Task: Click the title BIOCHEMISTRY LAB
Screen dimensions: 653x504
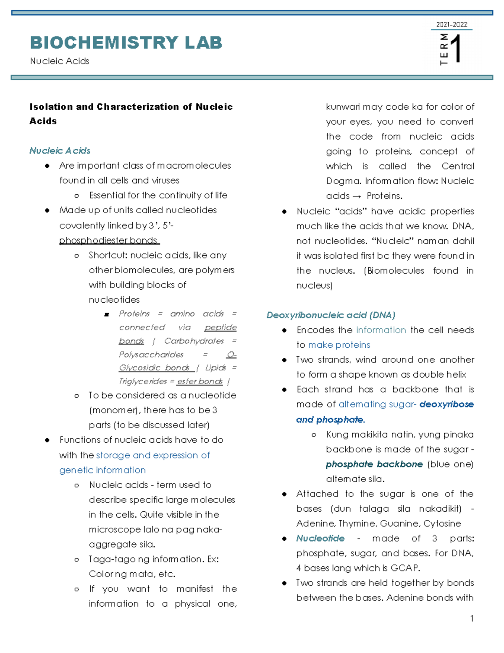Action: [x=126, y=43]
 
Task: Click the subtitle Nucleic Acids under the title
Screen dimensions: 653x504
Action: [x=60, y=61]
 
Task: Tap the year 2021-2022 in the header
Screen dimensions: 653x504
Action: [x=451, y=24]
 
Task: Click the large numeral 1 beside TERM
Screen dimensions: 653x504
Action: [x=457, y=49]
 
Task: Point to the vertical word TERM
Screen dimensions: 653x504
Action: [x=444, y=49]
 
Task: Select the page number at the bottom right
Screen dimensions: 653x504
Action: [x=472, y=618]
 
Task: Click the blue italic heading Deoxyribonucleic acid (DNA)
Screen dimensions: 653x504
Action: [x=331, y=315]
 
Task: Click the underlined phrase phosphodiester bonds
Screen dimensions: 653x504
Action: [x=108, y=241]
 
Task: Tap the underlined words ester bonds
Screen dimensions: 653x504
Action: [x=199, y=381]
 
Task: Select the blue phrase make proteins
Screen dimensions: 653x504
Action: [x=339, y=345]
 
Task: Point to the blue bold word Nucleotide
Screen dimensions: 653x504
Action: [x=320, y=538]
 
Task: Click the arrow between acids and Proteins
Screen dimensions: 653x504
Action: [x=357, y=196]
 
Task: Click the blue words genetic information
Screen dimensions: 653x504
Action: [x=102, y=470]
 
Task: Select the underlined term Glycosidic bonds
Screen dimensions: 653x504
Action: [x=154, y=368]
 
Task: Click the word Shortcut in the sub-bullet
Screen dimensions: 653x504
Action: [x=107, y=255]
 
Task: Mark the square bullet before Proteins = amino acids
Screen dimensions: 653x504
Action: [x=107, y=315]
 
